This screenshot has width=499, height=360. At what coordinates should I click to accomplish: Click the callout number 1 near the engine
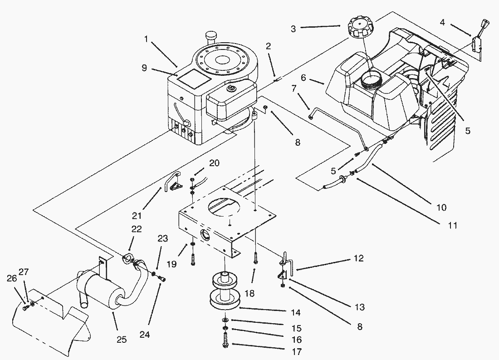tap(146, 39)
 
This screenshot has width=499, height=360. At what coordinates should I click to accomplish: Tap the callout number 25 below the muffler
tap(122, 340)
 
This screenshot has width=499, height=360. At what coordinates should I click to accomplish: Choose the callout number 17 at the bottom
tap(298, 351)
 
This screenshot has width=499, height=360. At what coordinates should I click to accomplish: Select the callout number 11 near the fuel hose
tap(452, 225)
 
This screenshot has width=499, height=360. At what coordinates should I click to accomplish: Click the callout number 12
tap(358, 258)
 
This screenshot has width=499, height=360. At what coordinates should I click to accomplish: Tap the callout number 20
tap(214, 163)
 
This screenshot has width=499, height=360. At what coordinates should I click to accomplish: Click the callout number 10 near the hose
tap(440, 207)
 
